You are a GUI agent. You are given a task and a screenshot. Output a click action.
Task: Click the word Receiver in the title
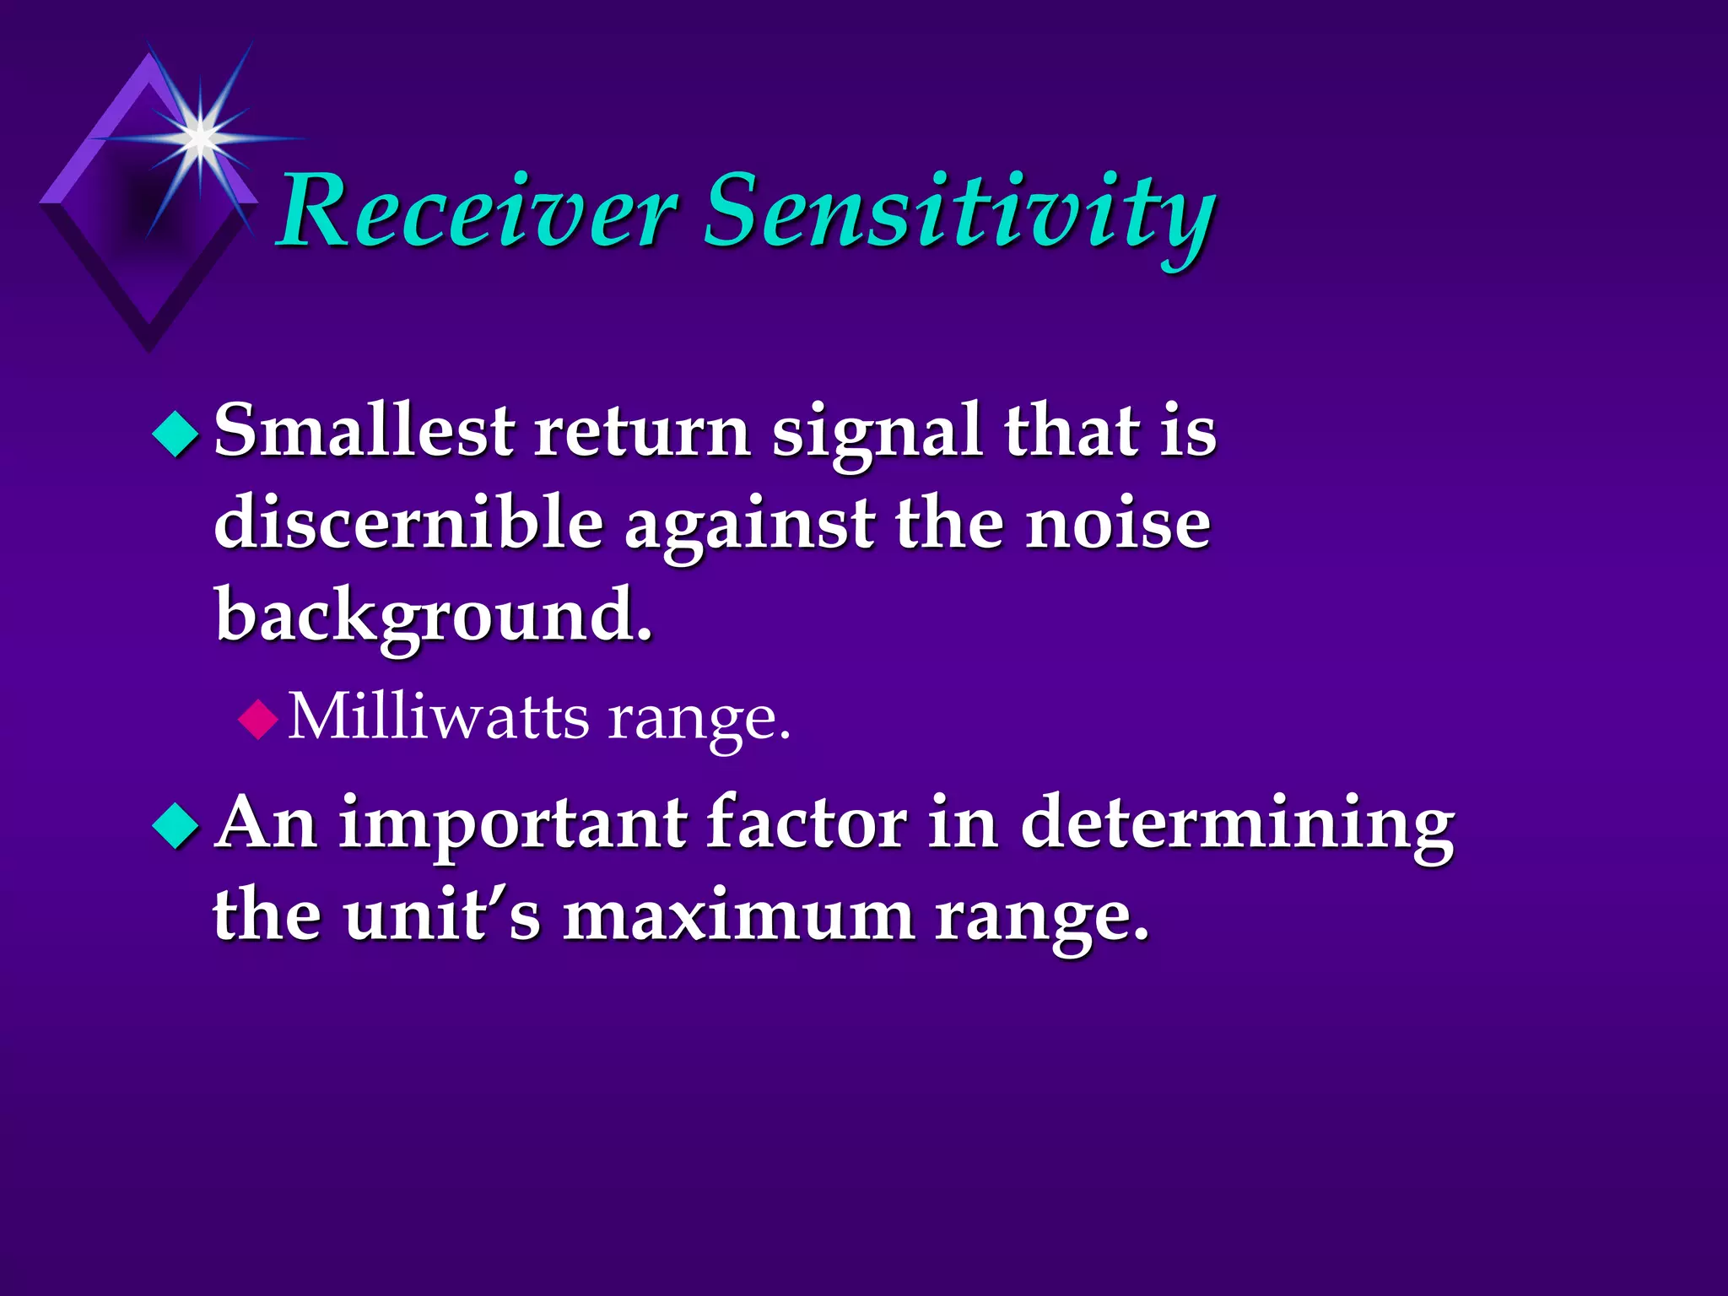pyautogui.click(x=477, y=211)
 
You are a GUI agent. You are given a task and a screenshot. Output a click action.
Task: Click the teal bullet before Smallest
pyautogui.click(x=175, y=434)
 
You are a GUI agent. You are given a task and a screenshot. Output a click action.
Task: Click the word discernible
pyautogui.click(x=408, y=523)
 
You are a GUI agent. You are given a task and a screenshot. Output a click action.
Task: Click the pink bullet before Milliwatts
pyautogui.click(x=257, y=720)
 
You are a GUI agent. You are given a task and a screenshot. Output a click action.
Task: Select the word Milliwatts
pyautogui.click(x=439, y=717)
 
